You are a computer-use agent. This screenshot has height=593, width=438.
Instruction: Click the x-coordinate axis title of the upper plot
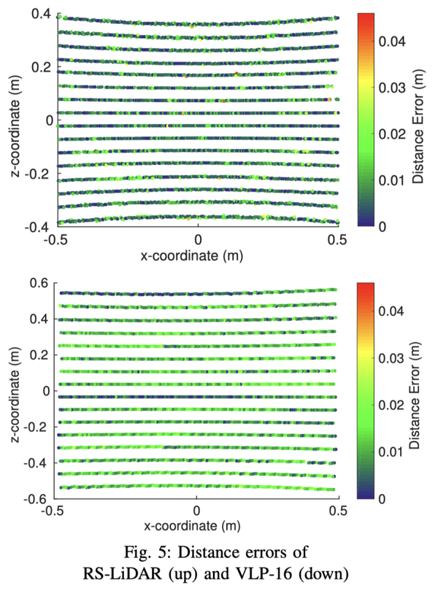click(x=197, y=256)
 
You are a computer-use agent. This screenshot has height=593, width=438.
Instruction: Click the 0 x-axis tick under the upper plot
click(x=197, y=240)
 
